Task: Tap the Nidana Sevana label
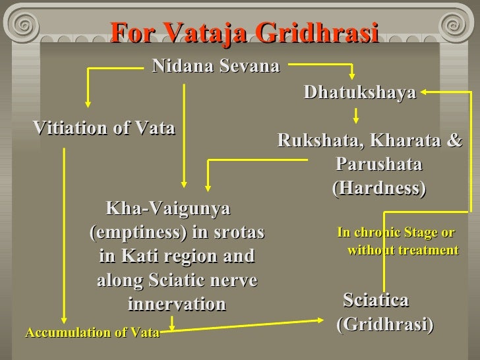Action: click(x=216, y=66)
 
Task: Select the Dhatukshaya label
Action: click(x=360, y=93)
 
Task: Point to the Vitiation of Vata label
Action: click(x=104, y=128)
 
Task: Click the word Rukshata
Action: click(x=318, y=141)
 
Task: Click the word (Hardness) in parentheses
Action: click(x=378, y=188)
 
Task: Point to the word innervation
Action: click(x=176, y=304)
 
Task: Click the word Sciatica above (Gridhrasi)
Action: click(x=376, y=301)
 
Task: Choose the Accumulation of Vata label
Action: click(x=92, y=332)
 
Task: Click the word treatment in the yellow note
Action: click(x=425, y=251)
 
